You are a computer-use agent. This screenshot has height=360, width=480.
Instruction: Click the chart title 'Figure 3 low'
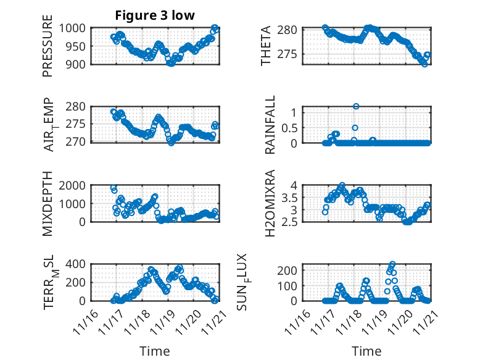pyautogui.click(x=155, y=15)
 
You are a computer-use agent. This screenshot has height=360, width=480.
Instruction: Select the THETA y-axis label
pyautogui.click(x=266, y=47)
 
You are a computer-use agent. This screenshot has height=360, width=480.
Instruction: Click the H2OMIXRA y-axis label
pyautogui.click(x=270, y=204)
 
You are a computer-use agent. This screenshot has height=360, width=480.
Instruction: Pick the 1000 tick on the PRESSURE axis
pyautogui.click(x=75, y=28)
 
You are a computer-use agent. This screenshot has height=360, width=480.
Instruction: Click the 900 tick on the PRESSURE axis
pyautogui.click(x=78, y=64)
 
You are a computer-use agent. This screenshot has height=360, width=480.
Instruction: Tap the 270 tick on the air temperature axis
pyautogui.click(x=78, y=142)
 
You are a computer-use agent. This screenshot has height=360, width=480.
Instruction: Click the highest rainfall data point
pyautogui.click(x=356, y=106)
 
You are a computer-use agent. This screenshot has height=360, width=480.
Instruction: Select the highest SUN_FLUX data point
pyautogui.click(x=393, y=264)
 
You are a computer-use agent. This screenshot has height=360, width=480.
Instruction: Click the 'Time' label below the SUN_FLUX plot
pyautogui.click(x=366, y=351)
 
